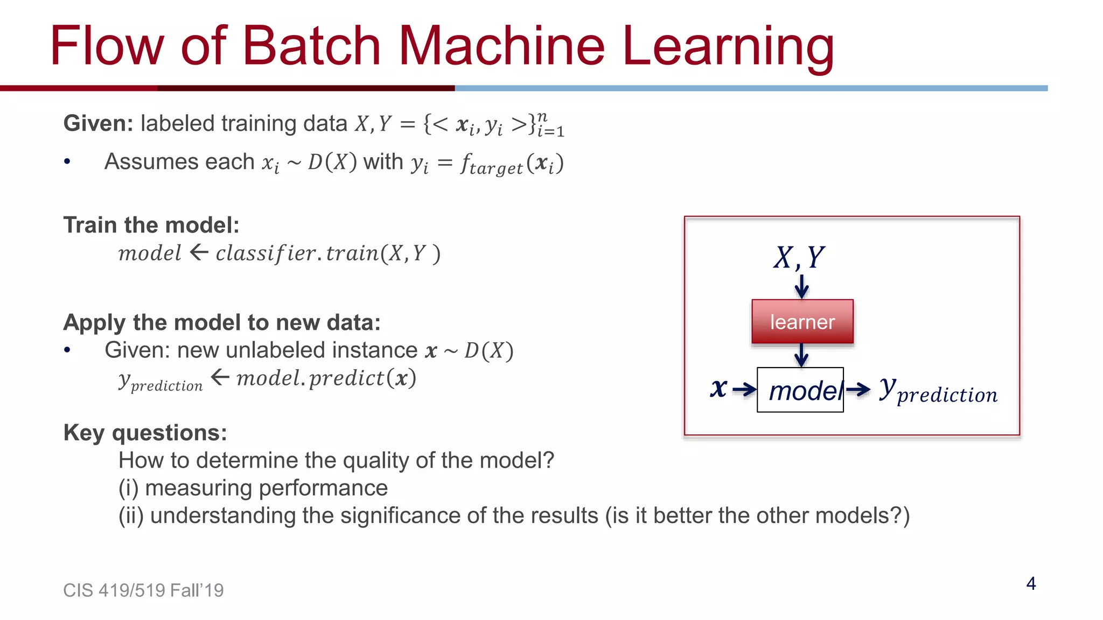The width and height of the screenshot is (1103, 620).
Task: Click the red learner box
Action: pos(802,322)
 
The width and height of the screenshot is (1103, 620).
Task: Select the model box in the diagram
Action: pos(800,390)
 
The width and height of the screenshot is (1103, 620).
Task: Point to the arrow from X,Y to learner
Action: pos(801,286)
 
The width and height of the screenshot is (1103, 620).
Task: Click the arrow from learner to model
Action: pos(801,355)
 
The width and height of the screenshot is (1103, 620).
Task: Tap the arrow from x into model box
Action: pos(744,389)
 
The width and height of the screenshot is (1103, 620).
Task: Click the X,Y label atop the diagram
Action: pos(799,257)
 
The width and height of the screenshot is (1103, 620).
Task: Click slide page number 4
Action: pos(1031,583)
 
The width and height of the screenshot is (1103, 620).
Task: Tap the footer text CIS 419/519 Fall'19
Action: pos(143,590)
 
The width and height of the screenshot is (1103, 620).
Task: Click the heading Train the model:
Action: pos(151,225)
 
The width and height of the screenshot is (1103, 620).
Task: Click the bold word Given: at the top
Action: pos(98,123)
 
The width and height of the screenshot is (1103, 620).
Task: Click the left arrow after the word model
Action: pos(199,252)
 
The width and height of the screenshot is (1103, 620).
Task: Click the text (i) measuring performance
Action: pos(253,488)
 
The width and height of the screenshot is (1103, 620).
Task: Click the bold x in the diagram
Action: pos(718,387)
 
